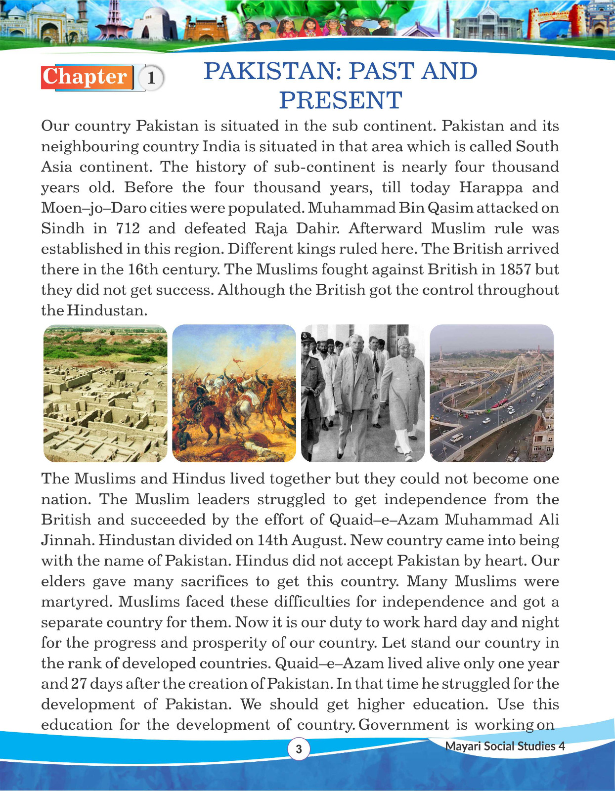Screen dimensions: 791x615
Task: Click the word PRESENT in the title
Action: click(341, 100)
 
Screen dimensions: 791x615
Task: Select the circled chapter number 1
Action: click(152, 78)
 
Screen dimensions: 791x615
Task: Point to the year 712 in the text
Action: click(128, 228)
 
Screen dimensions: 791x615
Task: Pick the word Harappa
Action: click(490, 188)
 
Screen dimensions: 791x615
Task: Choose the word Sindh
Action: click(63, 228)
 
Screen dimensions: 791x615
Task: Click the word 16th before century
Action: click(143, 269)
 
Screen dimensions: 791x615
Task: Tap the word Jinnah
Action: click(67, 540)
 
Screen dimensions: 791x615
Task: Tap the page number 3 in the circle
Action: click(299, 749)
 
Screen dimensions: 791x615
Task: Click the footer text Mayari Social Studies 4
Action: click(505, 746)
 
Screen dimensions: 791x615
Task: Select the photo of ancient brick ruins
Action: click(105, 393)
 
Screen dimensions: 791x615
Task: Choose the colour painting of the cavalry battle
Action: click(234, 393)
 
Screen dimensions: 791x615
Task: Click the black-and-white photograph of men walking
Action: click(363, 393)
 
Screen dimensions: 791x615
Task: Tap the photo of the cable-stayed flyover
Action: click(492, 393)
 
